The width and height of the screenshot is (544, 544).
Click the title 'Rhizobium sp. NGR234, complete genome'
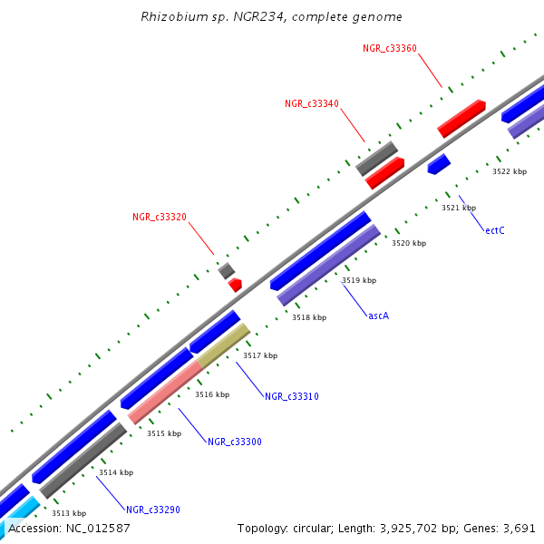(272, 17)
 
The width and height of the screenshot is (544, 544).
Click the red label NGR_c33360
(389, 48)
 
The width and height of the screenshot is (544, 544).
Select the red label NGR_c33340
(311, 104)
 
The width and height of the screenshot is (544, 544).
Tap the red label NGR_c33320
(159, 218)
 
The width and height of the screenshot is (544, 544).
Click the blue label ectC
(494, 230)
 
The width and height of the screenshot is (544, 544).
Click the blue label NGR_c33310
(291, 396)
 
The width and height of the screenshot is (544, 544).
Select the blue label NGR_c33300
(234, 442)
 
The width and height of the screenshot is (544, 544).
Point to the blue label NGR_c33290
(152, 510)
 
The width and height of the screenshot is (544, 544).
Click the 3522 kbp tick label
(509, 171)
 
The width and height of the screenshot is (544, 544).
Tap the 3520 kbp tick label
(408, 243)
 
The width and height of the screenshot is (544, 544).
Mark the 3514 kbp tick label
(116, 472)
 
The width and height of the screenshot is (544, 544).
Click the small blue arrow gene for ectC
(439, 164)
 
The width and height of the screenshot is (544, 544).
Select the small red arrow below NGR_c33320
(236, 285)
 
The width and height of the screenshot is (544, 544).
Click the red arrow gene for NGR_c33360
(461, 118)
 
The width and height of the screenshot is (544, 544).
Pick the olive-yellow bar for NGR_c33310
(223, 345)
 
